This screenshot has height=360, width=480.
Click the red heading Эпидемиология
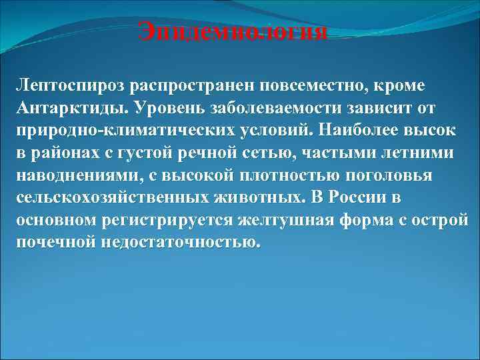point(233,31)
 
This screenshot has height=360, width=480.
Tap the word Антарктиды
point(70,108)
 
